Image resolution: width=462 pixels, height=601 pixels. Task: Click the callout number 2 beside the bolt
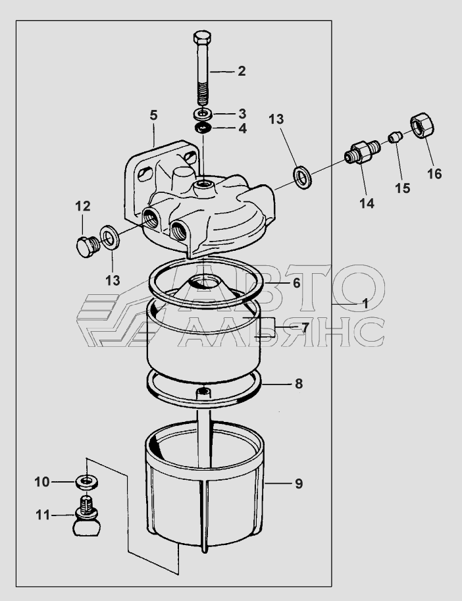coord(242,71)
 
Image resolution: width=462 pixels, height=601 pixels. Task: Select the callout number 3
coord(242,113)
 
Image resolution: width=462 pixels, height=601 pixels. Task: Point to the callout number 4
coord(242,128)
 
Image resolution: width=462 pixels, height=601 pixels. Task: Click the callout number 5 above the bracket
coord(153,115)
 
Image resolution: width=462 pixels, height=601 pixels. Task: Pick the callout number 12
coord(82,206)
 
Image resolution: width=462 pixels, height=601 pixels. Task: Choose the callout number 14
coord(367,204)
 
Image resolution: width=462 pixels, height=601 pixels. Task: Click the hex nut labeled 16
coord(422,126)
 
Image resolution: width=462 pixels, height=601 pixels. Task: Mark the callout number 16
coord(434,174)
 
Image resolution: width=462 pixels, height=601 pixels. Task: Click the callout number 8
coord(298,384)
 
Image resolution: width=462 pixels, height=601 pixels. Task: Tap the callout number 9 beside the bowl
coord(298,484)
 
